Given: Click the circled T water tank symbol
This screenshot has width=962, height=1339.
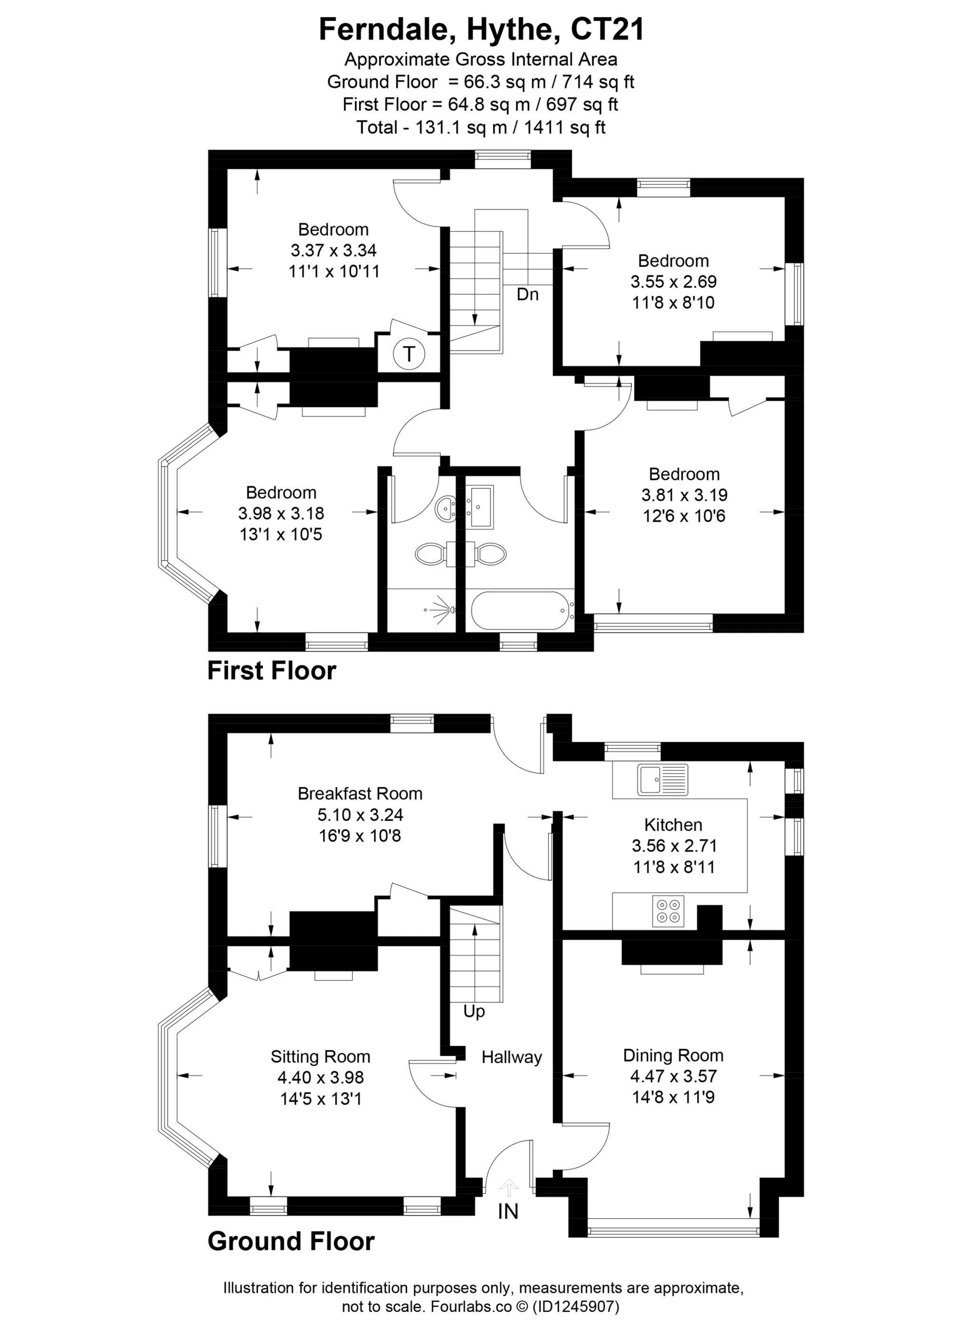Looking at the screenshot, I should click(x=409, y=354).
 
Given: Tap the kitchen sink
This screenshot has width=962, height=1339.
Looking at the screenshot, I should click(x=663, y=779).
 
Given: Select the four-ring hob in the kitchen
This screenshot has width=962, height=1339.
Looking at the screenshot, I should click(x=668, y=911).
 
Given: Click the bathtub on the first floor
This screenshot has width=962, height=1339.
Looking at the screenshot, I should click(x=520, y=611).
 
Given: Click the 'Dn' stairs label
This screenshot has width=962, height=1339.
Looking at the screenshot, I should click(x=527, y=294).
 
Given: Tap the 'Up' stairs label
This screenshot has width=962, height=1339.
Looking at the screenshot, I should click(x=474, y=1011).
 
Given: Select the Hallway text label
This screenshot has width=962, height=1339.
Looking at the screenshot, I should click(x=512, y=1057).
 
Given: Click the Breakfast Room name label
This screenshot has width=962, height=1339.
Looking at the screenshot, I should click(x=360, y=794).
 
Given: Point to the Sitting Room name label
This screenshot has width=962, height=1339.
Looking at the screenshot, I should click(x=320, y=1056).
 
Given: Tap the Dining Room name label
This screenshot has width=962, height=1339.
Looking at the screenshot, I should click(x=673, y=1055).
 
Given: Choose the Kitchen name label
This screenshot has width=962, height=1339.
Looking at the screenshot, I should click(x=673, y=824).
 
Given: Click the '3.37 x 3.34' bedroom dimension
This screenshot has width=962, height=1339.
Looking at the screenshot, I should click(x=333, y=250).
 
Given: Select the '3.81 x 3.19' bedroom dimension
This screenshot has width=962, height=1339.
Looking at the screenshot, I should click(x=684, y=495).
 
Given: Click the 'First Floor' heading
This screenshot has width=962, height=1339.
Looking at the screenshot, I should click(x=272, y=671).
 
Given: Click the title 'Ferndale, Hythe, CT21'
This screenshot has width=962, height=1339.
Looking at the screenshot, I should click(x=481, y=29).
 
